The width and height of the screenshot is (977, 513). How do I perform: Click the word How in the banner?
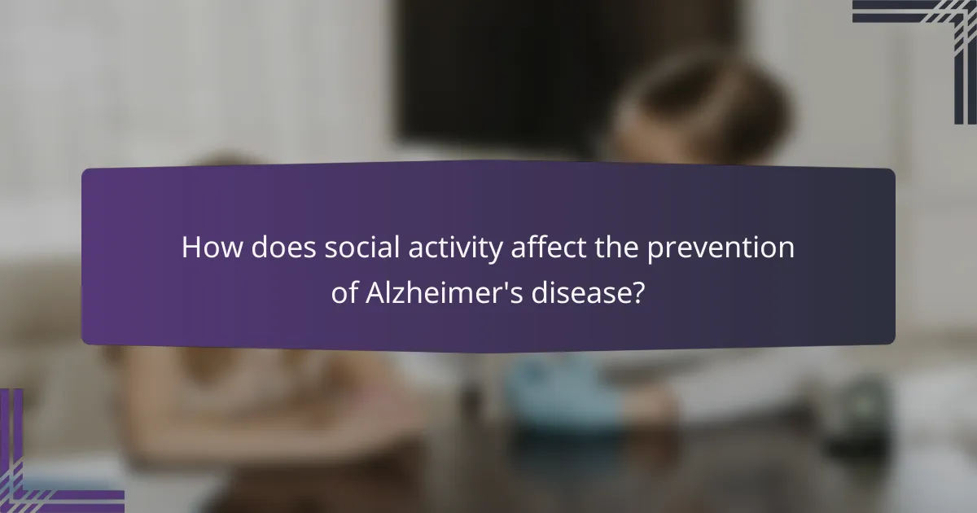coord(212,248)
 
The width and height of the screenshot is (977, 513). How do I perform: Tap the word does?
coord(283,248)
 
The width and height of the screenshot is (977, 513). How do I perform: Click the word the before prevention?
coord(619,248)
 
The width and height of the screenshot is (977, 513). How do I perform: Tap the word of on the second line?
coord(344,293)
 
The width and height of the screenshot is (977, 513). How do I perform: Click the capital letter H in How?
coord(191,248)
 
